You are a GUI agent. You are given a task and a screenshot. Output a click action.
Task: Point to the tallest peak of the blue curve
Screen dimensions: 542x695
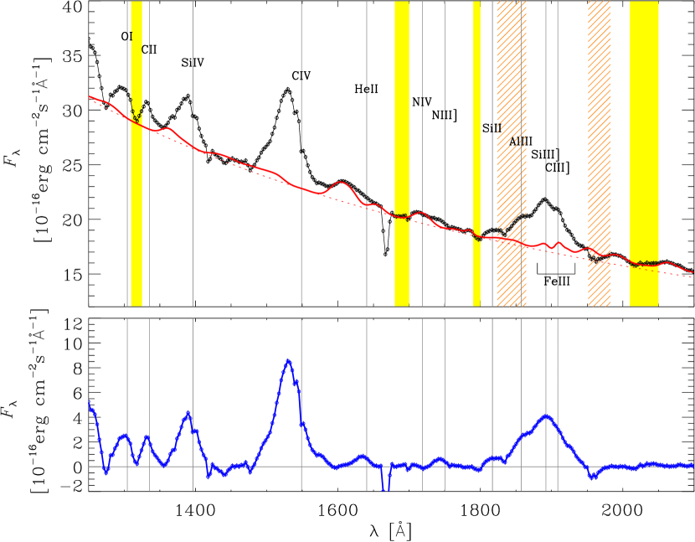289,360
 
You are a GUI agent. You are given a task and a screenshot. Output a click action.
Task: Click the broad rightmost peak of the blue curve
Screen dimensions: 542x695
546,416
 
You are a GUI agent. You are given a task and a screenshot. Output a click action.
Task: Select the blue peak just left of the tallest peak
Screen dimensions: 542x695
188,412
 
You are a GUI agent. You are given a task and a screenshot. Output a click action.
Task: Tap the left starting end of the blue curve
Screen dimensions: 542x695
90,404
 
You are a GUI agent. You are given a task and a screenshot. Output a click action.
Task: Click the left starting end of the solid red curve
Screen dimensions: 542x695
90,96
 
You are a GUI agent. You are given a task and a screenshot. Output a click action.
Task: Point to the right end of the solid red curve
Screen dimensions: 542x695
692,272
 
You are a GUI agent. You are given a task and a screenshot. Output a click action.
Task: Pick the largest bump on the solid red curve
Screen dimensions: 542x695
340,182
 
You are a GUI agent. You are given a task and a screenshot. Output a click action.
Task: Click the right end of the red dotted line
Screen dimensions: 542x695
692,277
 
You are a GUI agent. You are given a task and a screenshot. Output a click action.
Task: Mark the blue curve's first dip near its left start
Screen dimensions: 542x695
106,472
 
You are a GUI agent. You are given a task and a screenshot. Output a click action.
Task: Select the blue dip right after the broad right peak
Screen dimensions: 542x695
592,477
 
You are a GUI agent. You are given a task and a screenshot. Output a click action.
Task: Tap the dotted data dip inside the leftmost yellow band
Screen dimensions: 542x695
136,119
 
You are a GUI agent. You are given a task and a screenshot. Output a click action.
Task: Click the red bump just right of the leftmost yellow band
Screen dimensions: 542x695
167,128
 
